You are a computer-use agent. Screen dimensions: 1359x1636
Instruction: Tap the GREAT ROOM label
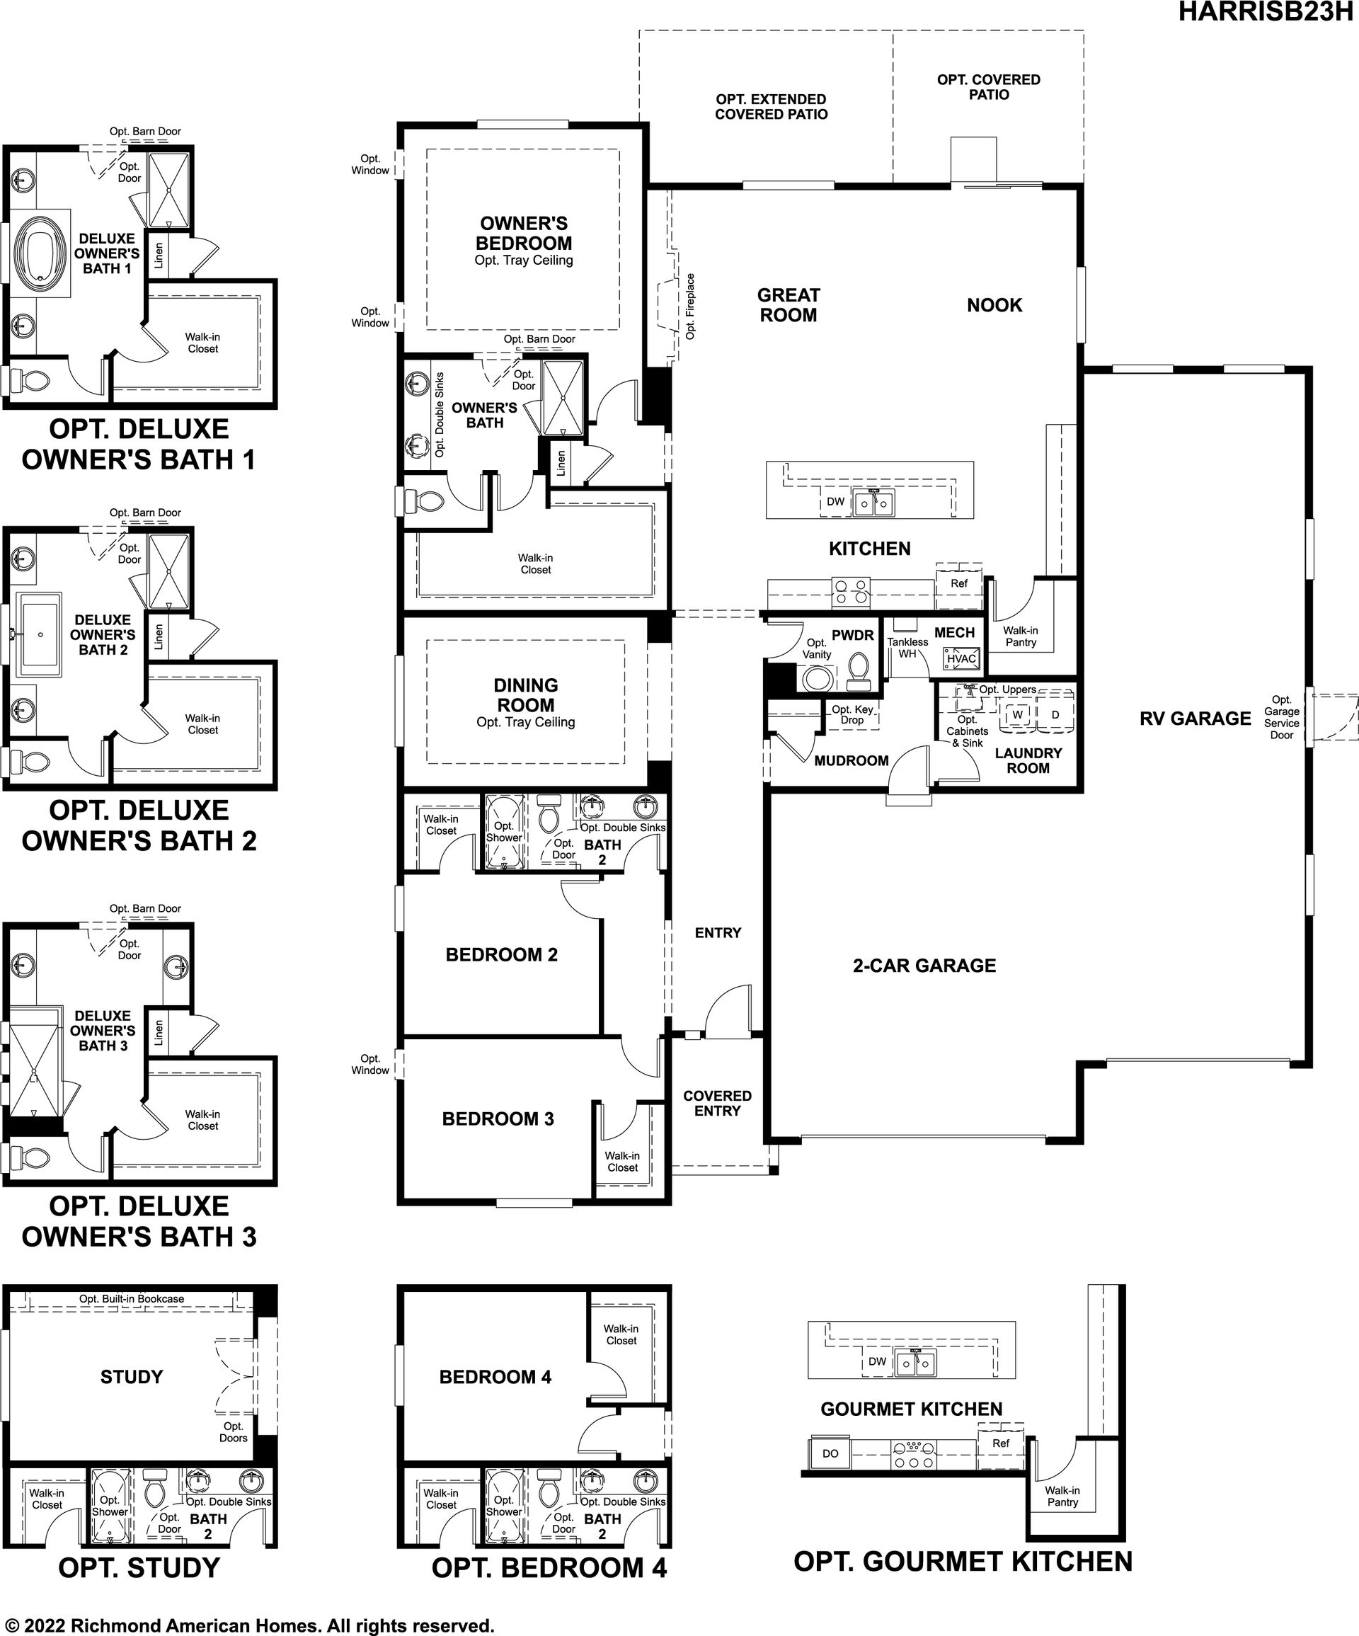(x=788, y=305)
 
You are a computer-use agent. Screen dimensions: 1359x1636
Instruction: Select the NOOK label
(x=994, y=305)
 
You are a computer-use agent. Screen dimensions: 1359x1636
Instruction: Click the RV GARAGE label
(x=1195, y=719)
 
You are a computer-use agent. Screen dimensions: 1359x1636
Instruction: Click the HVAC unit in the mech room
(x=962, y=658)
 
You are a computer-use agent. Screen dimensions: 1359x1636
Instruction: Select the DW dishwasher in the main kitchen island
(x=835, y=502)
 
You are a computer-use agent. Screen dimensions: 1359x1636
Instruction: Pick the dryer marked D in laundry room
(x=1055, y=714)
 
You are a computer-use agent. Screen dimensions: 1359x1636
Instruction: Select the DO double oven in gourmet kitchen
(x=830, y=1453)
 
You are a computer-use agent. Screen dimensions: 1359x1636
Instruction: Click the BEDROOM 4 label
(x=495, y=1377)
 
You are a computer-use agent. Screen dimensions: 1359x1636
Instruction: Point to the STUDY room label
(x=132, y=1377)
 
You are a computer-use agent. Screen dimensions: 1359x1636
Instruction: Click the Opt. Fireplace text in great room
(x=690, y=306)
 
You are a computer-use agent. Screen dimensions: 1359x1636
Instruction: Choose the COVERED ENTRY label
(x=717, y=1103)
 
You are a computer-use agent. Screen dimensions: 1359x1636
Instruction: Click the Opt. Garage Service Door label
(x=1282, y=718)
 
